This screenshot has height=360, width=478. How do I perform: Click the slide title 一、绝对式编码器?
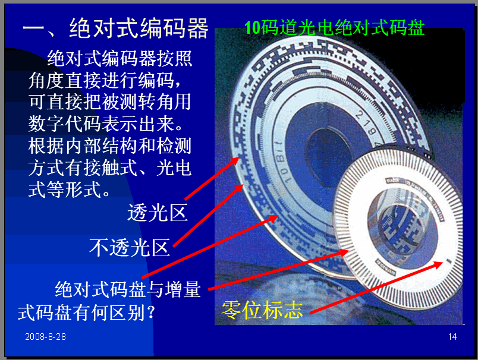click(x=115, y=29)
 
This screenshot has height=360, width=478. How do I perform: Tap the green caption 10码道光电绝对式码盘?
click(x=334, y=28)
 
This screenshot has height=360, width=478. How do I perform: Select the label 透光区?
click(x=158, y=212)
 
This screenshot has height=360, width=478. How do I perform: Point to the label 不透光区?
click(x=130, y=247)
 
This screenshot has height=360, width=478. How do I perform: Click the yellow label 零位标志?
click(x=262, y=310)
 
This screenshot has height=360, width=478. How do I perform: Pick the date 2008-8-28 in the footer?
click(x=45, y=337)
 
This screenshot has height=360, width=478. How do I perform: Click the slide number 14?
click(x=452, y=337)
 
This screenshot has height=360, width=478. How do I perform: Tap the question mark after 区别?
click(x=150, y=312)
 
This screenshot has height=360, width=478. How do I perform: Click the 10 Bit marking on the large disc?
click(x=282, y=162)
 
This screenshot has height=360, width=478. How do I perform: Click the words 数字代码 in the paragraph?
click(x=64, y=124)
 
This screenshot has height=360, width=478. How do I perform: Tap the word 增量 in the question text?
click(x=183, y=289)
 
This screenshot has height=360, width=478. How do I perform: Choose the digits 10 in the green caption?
click(x=253, y=28)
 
